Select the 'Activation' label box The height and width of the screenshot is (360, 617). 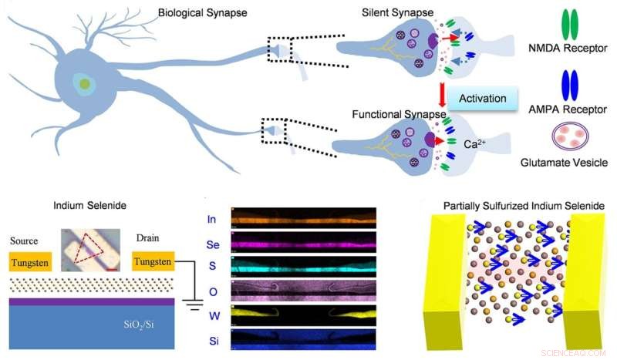coord(483,99)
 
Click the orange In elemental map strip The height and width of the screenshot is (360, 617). coord(302,217)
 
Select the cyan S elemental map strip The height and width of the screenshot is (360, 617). coord(302,266)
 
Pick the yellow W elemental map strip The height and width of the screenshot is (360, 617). coord(302,314)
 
